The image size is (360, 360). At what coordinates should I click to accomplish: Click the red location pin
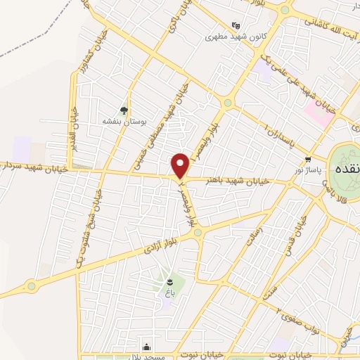click(x=181, y=166)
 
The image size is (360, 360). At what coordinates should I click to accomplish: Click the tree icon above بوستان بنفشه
click(x=124, y=110)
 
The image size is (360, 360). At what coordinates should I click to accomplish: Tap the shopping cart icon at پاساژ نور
click(x=308, y=158)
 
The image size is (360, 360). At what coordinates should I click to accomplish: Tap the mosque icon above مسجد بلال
click(x=146, y=347)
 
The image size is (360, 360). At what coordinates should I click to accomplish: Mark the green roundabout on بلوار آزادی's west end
click(x=31, y=285)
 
